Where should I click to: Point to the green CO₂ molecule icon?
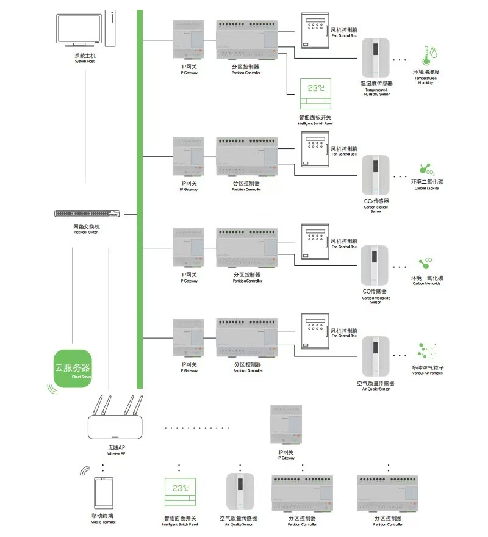[x=425, y=170]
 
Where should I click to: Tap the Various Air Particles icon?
[x=426, y=351]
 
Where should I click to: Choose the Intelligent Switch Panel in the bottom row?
[x=180, y=494]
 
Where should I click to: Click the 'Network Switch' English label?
[x=87, y=232]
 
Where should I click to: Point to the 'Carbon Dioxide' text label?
[x=426, y=188]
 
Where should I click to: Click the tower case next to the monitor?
[x=109, y=28]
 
